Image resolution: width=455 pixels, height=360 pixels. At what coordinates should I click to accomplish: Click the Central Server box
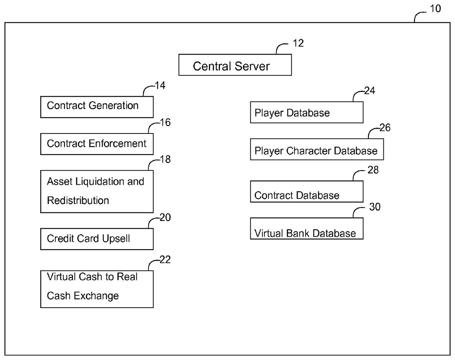click(235, 65)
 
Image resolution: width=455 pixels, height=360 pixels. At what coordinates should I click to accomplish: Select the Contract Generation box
click(97, 107)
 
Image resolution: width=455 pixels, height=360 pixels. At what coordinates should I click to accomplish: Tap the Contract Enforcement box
click(97, 144)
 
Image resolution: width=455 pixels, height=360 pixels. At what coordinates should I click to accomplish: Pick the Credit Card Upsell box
click(97, 239)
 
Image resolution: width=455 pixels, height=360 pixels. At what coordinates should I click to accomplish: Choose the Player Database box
click(307, 112)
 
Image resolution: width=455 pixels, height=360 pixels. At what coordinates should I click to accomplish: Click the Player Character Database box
click(317, 149)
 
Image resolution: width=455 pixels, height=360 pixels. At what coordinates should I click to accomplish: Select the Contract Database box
click(307, 192)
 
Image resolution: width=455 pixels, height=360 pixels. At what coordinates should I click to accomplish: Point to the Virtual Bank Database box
click(307, 228)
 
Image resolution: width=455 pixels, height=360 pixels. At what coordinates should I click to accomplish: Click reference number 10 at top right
click(436, 9)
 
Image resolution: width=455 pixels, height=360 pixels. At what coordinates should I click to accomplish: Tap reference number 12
click(298, 43)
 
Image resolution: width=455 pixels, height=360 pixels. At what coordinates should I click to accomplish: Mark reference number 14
click(160, 85)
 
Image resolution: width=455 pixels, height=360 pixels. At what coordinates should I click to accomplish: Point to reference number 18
click(165, 159)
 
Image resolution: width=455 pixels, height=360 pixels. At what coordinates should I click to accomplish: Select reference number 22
click(165, 260)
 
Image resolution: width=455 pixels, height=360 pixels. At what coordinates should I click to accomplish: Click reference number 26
click(385, 128)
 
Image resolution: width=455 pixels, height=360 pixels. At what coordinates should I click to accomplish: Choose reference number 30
click(375, 207)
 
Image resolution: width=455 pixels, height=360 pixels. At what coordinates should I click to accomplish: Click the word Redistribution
click(78, 201)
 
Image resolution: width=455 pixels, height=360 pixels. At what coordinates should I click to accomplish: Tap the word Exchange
click(96, 296)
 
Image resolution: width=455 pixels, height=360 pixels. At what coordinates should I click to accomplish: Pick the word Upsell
click(116, 239)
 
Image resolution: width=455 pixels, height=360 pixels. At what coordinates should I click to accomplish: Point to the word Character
click(309, 151)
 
